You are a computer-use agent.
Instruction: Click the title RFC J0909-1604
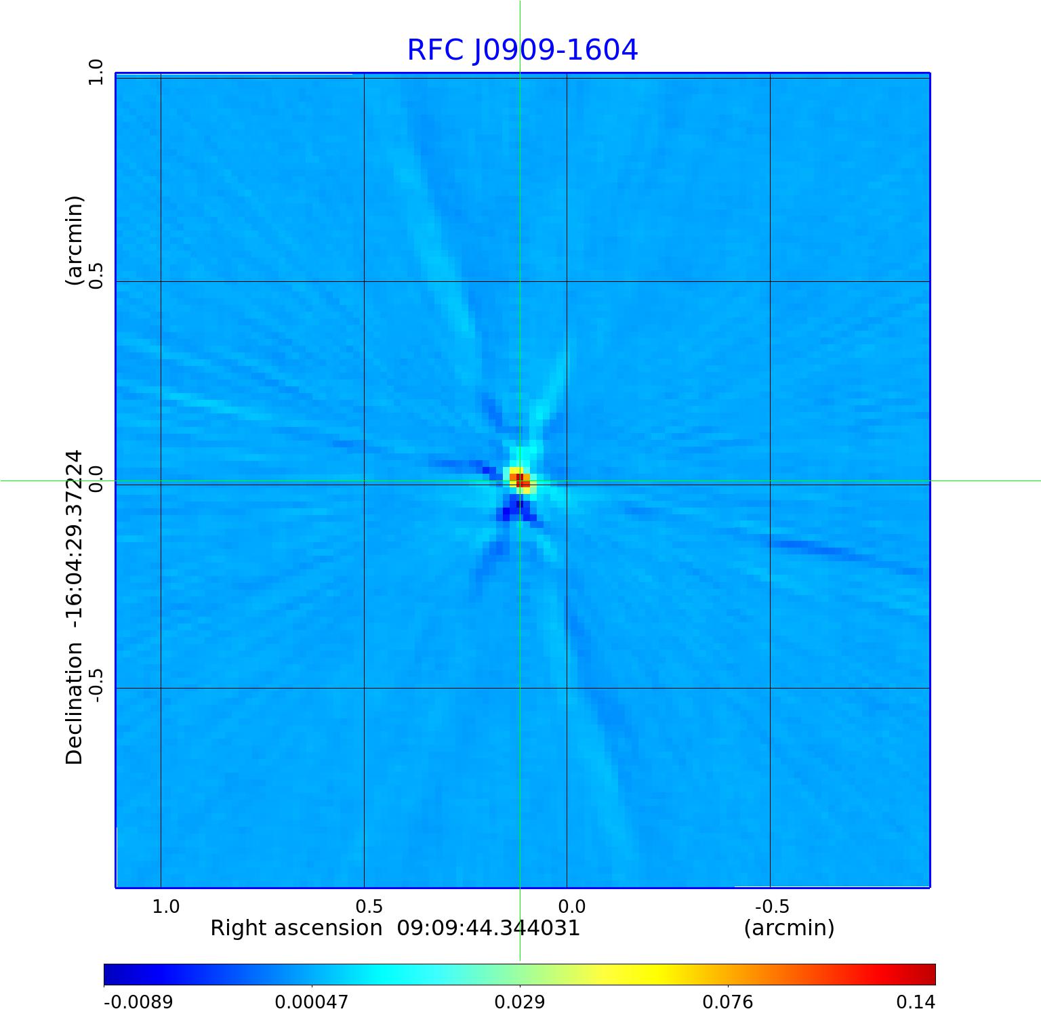tap(522, 50)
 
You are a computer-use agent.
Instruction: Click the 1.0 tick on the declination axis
tap(96, 72)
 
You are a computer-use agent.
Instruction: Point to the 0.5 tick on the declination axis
tap(96, 276)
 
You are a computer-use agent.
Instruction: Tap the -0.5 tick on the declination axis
tap(96, 685)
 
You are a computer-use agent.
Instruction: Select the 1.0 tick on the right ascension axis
tap(165, 906)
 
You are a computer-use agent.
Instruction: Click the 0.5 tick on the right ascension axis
tap(369, 906)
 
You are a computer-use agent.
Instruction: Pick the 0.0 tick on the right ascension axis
tap(571, 906)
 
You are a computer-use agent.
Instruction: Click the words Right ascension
tap(296, 928)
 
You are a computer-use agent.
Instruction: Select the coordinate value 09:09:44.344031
tap(488, 928)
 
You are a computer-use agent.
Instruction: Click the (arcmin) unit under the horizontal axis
tap(789, 928)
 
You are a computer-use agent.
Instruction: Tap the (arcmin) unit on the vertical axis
tap(74, 241)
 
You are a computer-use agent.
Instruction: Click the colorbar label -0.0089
tap(138, 1002)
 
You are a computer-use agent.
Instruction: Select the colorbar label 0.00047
tap(312, 1002)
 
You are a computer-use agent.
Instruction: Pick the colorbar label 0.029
tap(520, 1002)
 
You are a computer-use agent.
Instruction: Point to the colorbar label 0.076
tap(727, 1002)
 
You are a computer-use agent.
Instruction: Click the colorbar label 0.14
tap(916, 1002)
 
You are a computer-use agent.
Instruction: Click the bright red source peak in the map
tap(520, 480)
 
